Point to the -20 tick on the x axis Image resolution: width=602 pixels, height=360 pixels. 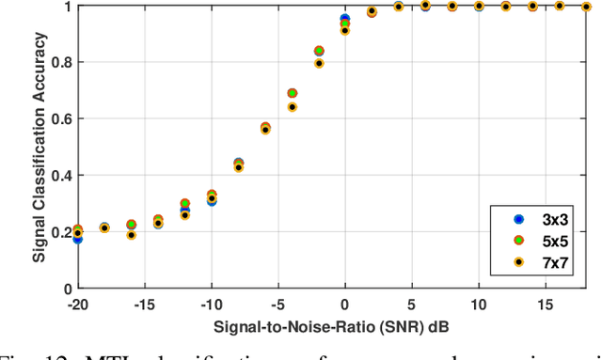tap(77, 305)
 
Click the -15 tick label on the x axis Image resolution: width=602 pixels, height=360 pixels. tap(144, 305)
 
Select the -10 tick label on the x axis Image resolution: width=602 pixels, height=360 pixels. tap(211, 305)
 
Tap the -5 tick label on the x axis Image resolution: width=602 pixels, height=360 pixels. tap(278, 305)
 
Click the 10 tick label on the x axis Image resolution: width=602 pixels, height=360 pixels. tap(479, 305)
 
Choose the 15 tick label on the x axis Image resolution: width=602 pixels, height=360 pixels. tap(546, 305)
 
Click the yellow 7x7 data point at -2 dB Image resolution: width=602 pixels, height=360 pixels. tap(319, 64)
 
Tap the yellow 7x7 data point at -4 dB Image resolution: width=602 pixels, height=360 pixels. tap(293, 107)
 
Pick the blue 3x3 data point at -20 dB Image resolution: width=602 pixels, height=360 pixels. tap(77, 239)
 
